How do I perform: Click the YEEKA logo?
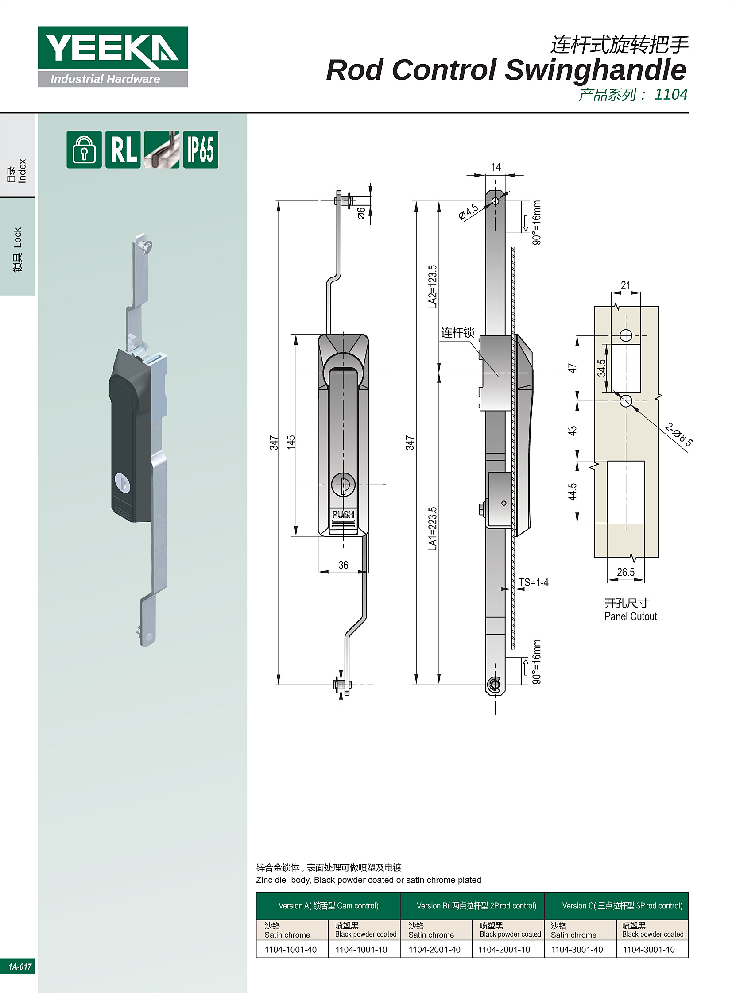[112, 57]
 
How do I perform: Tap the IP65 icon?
[201, 150]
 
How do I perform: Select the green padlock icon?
[84, 150]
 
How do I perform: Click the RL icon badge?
[123, 150]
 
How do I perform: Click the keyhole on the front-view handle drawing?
[343, 485]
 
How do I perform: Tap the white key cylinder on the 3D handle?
[123, 482]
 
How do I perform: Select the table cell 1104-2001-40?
[435, 950]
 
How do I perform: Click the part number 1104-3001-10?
[649, 950]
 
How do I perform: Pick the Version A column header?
[328, 906]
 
